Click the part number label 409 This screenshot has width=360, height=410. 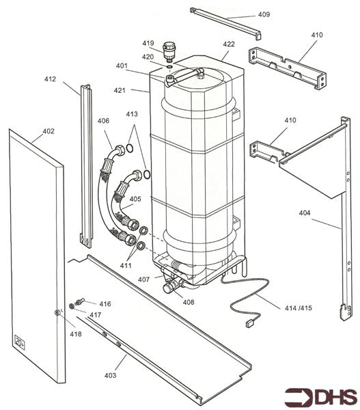point(263,14)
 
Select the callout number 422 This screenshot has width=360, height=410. point(229,44)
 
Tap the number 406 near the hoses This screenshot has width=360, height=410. point(103,121)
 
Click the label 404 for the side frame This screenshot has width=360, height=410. point(305,213)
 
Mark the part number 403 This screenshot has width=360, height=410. point(111,375)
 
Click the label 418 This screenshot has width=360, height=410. point(75,333)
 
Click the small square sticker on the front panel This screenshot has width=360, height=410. point(19,340)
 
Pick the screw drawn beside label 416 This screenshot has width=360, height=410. point(81,301)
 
